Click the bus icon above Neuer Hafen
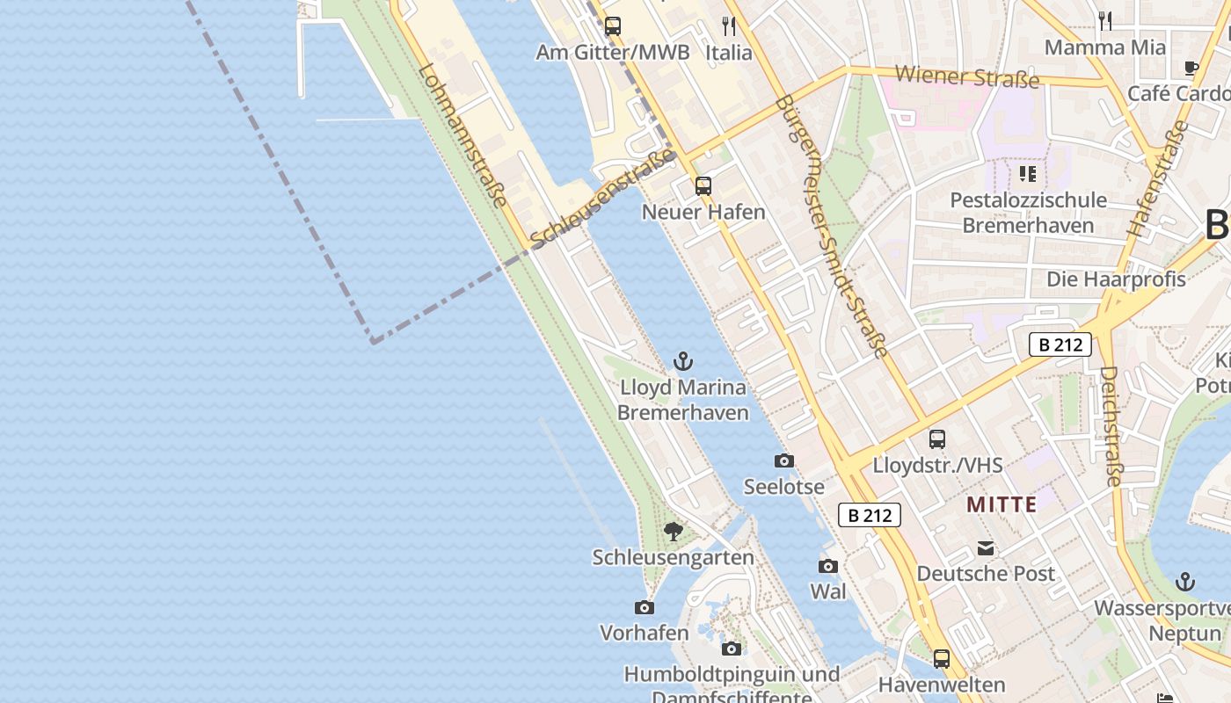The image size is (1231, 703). (703, 185)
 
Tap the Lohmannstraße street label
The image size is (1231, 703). (463, 136)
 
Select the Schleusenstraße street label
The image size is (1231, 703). (603, 198)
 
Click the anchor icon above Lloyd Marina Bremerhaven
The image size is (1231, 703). (682, 360)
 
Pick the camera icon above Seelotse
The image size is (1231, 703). (783, 460)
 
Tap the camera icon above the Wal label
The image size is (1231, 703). (828, 566)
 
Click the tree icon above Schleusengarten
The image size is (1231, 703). (674, 531)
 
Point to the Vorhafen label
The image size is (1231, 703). (644, 633)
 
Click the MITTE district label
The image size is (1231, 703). (1002, 504)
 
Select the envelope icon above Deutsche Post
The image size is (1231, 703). (986, 548)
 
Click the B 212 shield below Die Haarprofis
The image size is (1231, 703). (1060, 344)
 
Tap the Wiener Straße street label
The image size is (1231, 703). (967, 76)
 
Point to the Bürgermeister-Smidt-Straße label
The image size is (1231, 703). (831, 226)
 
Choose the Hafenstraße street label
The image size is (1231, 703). (1157, 178)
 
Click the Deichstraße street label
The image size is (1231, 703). (1111, 426)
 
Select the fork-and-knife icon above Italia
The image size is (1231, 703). (729, 25)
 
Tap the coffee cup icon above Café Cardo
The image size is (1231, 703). (1191, 68)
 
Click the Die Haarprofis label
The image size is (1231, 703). (1116, 279)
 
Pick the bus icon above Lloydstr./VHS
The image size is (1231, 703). (937, 438)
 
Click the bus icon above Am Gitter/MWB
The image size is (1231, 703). (613, 26)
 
